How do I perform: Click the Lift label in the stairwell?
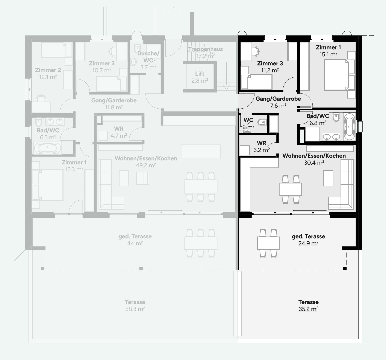pyautogui.click(x=200, y=74)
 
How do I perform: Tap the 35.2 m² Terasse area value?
pyautogui.click(x=308, y=309)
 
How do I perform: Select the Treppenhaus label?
pyautogui.click(x=205, y=49)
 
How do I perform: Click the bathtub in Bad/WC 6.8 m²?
pyautogui.click(x=349, y=127)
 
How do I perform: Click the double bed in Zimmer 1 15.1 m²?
pyautogui.click(x=336, y=75)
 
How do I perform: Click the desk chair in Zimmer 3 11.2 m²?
pyautogui.click(x=256, y=51)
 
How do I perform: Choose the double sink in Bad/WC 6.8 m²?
pyautogui.click(x=331, y=137)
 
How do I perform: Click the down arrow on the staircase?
pyautogui.click(x=226, y=88)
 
